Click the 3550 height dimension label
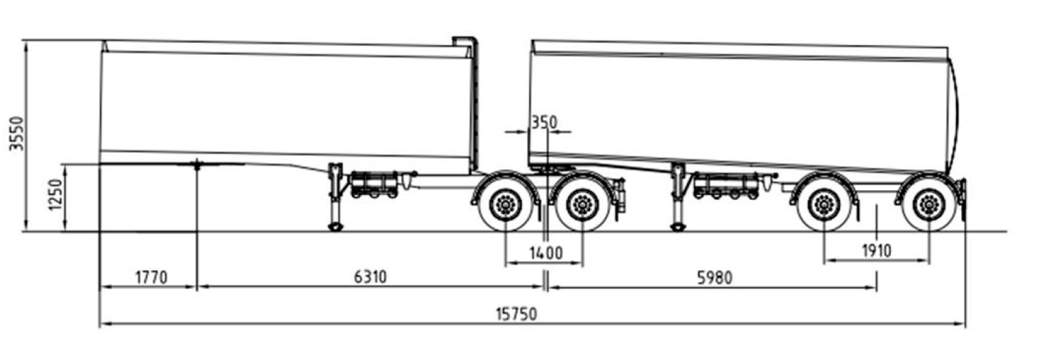point(17,133)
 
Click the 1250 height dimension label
point(55,194)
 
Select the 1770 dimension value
point(151,277)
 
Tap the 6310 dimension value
point(370,277)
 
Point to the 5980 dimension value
point(715,278)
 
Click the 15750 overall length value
point(516,314)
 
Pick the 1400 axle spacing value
point(546,253)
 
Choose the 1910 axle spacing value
point(876,251)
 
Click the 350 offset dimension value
point(544,122)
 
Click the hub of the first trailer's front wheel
point(506,204)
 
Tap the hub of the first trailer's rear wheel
point(582,204)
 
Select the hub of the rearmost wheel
point(930,204)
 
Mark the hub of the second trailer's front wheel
point(824,204)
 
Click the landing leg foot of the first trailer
point(336,227)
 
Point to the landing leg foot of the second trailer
point(678,227)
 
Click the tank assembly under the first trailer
point(375,185)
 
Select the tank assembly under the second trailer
point(725,185)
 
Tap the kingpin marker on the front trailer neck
point(197,165)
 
